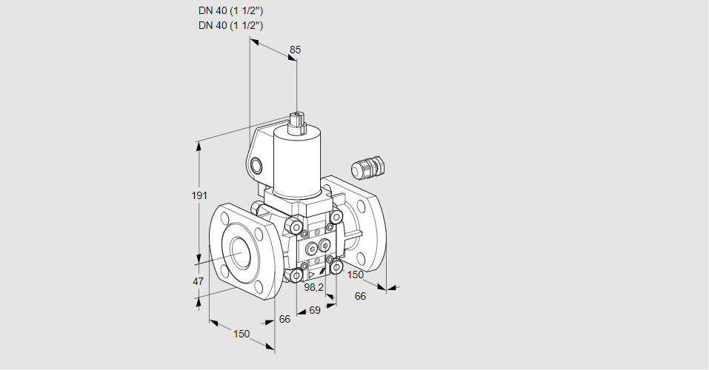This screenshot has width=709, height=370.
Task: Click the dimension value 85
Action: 295,50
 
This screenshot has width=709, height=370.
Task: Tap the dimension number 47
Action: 198,281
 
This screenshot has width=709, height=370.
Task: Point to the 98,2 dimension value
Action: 314,287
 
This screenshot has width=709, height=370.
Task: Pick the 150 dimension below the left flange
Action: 242,334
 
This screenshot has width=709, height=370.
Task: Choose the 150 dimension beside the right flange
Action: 356,275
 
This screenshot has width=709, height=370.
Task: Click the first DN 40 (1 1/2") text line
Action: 230,11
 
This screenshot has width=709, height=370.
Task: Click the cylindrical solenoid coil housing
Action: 296,161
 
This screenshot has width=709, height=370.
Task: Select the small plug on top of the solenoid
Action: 298,121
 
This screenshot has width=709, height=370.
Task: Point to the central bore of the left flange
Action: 240,252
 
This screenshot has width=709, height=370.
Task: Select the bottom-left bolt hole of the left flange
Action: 222,269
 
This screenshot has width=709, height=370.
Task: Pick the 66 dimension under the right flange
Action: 361,296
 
